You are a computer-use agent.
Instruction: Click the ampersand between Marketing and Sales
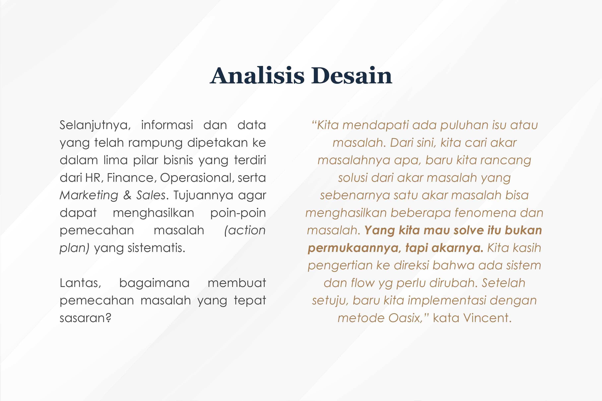pos(127,195)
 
